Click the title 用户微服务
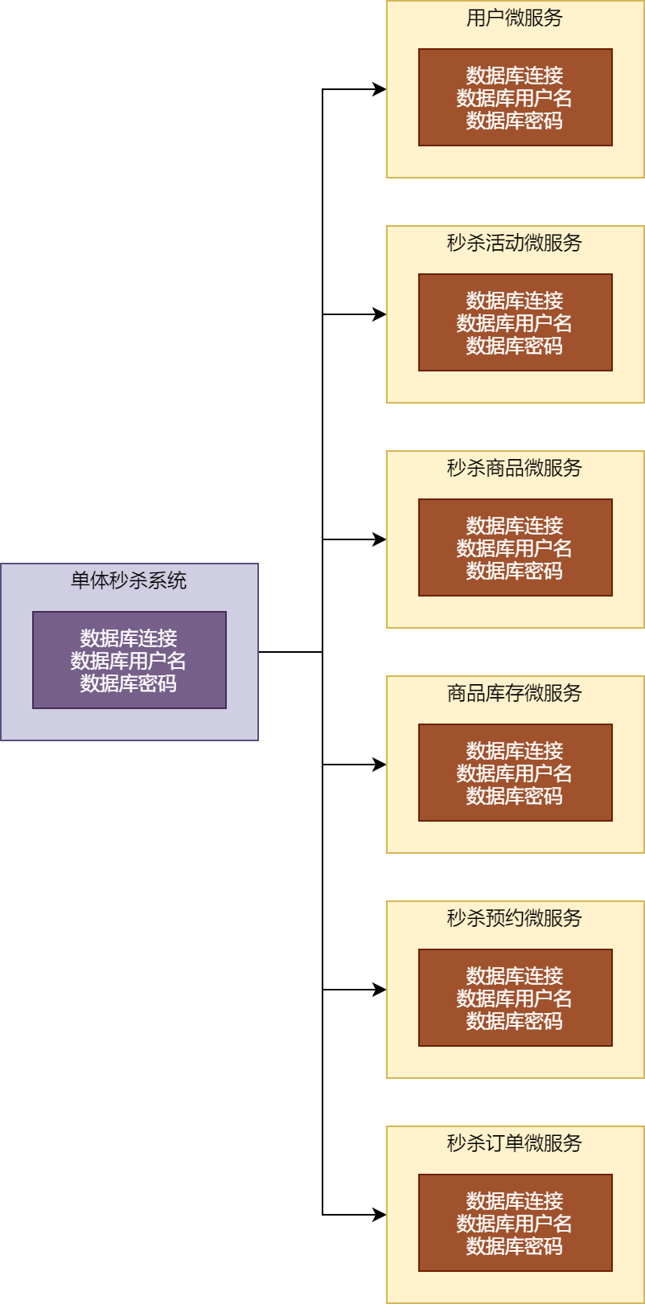click(515, 18)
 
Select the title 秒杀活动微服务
click(515, 243)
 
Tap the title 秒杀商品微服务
click(515, 468)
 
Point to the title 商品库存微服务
click(515, 693)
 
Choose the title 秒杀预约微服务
click(515, 918)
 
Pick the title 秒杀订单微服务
click(515, 1143)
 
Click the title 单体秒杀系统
click(129, 580)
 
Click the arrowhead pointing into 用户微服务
click(380, 89)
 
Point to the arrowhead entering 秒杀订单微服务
click(380, 1215)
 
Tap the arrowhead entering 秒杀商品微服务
click(380, 539)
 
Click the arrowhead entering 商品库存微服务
click(380, 765)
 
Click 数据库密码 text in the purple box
click(129, 683)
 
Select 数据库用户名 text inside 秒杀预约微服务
click(515, 999)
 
